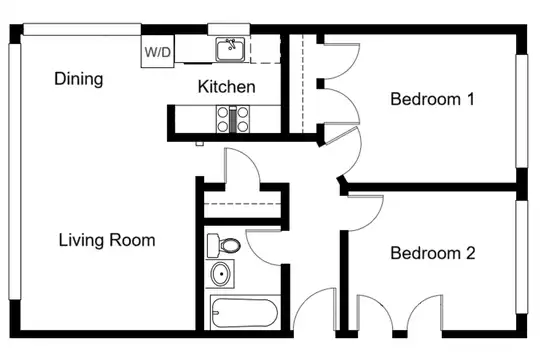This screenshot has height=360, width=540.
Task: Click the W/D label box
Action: pyautogui.click(x=157, y=52)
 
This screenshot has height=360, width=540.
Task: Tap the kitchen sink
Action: pyautogui.click(x=230, y=49)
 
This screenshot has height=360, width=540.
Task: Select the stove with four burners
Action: pyautogui.click(x=232, y=119)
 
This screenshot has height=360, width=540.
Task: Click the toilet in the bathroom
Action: pyautogui.click(x=224, y=245)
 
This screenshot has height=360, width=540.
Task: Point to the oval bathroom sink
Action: pyautogui.click(x=220, y=274)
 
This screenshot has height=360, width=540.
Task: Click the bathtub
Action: pyautogui.click(x=245, y=313)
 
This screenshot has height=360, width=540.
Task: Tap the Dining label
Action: pyautogui.click(x=79, y=79)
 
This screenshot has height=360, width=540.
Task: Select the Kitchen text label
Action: pyautogui.click(x=227, y=86)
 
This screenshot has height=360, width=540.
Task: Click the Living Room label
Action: pyautogui.click(x=107, y=240)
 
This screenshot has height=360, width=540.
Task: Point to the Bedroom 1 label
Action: pyautogui.click(x=432, y=99)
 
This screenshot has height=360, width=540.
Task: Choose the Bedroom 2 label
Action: pyautogui.click(x=433, y=253)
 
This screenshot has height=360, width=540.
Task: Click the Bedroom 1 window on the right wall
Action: pyautogui.click(x=521, y=111)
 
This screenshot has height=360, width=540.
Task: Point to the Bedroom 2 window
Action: pyautogui.click(x=521, y=257)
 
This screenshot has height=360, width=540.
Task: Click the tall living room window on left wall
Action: pyautogui.click(x=14, y=171)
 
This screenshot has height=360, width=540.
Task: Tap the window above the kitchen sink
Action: pyautogui.click(x=229, y=29)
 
